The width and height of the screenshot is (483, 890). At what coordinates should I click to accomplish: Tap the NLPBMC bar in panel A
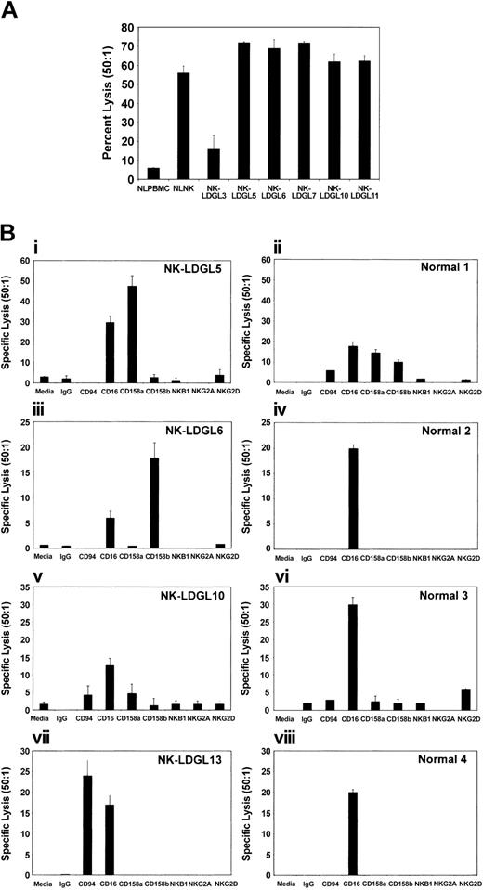(x=152, y=174)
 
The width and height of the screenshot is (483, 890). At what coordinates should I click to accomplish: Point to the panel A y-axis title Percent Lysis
(x=108, y=104)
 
